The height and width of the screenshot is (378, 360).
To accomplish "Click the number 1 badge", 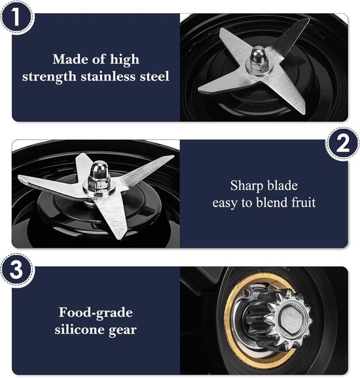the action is click(x=16, y=17).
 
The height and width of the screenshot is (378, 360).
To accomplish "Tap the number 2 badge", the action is click(x=343, y=144).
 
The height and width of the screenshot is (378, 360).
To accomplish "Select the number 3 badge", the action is click(x=16, y=269).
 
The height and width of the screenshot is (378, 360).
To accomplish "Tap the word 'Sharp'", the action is click(x=243, y=186).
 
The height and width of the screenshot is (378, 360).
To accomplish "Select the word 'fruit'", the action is click(x=303, y=202).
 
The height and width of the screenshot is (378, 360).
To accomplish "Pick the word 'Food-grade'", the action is click(x=96, y=313).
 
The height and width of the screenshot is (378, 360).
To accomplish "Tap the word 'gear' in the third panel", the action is click(x=122, y=330).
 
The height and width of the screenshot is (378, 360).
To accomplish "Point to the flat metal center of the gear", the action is click(x=291, y=317).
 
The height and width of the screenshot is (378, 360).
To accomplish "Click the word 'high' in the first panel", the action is click(x=125, y=60).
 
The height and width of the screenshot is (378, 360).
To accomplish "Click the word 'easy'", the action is click(x=225, y=203).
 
